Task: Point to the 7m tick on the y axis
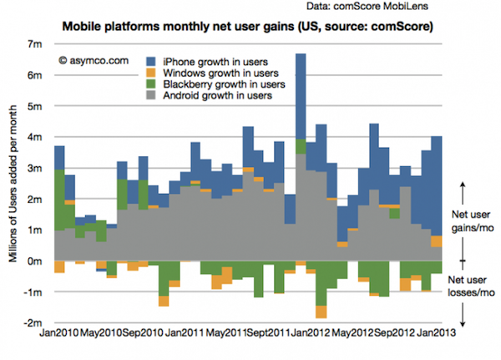click(x=36, y=44)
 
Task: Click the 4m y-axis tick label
click(x=36, y=137)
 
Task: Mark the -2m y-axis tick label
click(x=33, y=322)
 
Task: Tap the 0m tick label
click(x=36, y=261)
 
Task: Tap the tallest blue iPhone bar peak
click(x=300, y=57)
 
